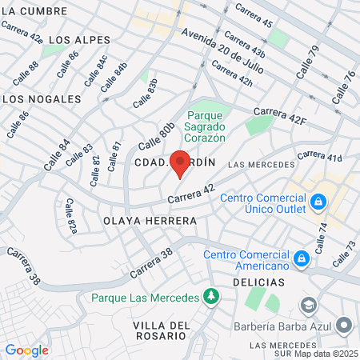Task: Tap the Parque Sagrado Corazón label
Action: click(x=206, y=126)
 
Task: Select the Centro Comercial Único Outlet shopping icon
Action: click(x=318, y=201)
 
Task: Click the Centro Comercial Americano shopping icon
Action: click(x=302, y=258)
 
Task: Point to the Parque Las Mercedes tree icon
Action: click(x=210, y=298)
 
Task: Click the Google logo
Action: click(x=26, y=350)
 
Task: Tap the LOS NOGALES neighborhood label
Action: click(x=42, y=99)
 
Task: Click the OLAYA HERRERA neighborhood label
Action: click(x=150, y=219)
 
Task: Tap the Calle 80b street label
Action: click(x=156, y=136)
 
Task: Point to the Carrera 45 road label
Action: click(x=253, y=17)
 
